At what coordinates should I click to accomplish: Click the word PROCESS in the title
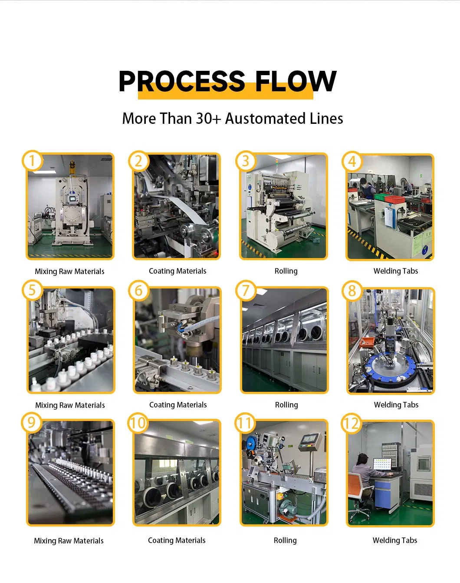tap(182, 81)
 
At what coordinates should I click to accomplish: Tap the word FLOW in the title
tap(296, 81)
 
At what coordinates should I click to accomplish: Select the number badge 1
tap(32, 161)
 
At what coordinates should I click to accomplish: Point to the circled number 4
tap(352, 162)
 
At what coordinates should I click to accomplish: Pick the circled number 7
tap(246, 291)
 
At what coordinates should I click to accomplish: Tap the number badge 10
tap(138, 423)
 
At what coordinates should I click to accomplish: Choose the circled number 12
tap(351, 424)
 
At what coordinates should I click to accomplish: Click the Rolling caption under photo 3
tap(286, 271)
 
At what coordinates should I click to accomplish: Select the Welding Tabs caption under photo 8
tap(396, 405)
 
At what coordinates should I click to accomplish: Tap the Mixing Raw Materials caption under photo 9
tap(69, 541)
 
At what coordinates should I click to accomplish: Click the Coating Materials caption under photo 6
tap(178, 405)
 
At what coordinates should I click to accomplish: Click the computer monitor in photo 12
tap(382, 464)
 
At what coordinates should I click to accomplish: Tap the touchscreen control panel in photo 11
tap(311, 441)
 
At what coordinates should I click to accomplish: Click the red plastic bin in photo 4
tap(394, 199)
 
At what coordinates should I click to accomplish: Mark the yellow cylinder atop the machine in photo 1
tap(72, 167)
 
